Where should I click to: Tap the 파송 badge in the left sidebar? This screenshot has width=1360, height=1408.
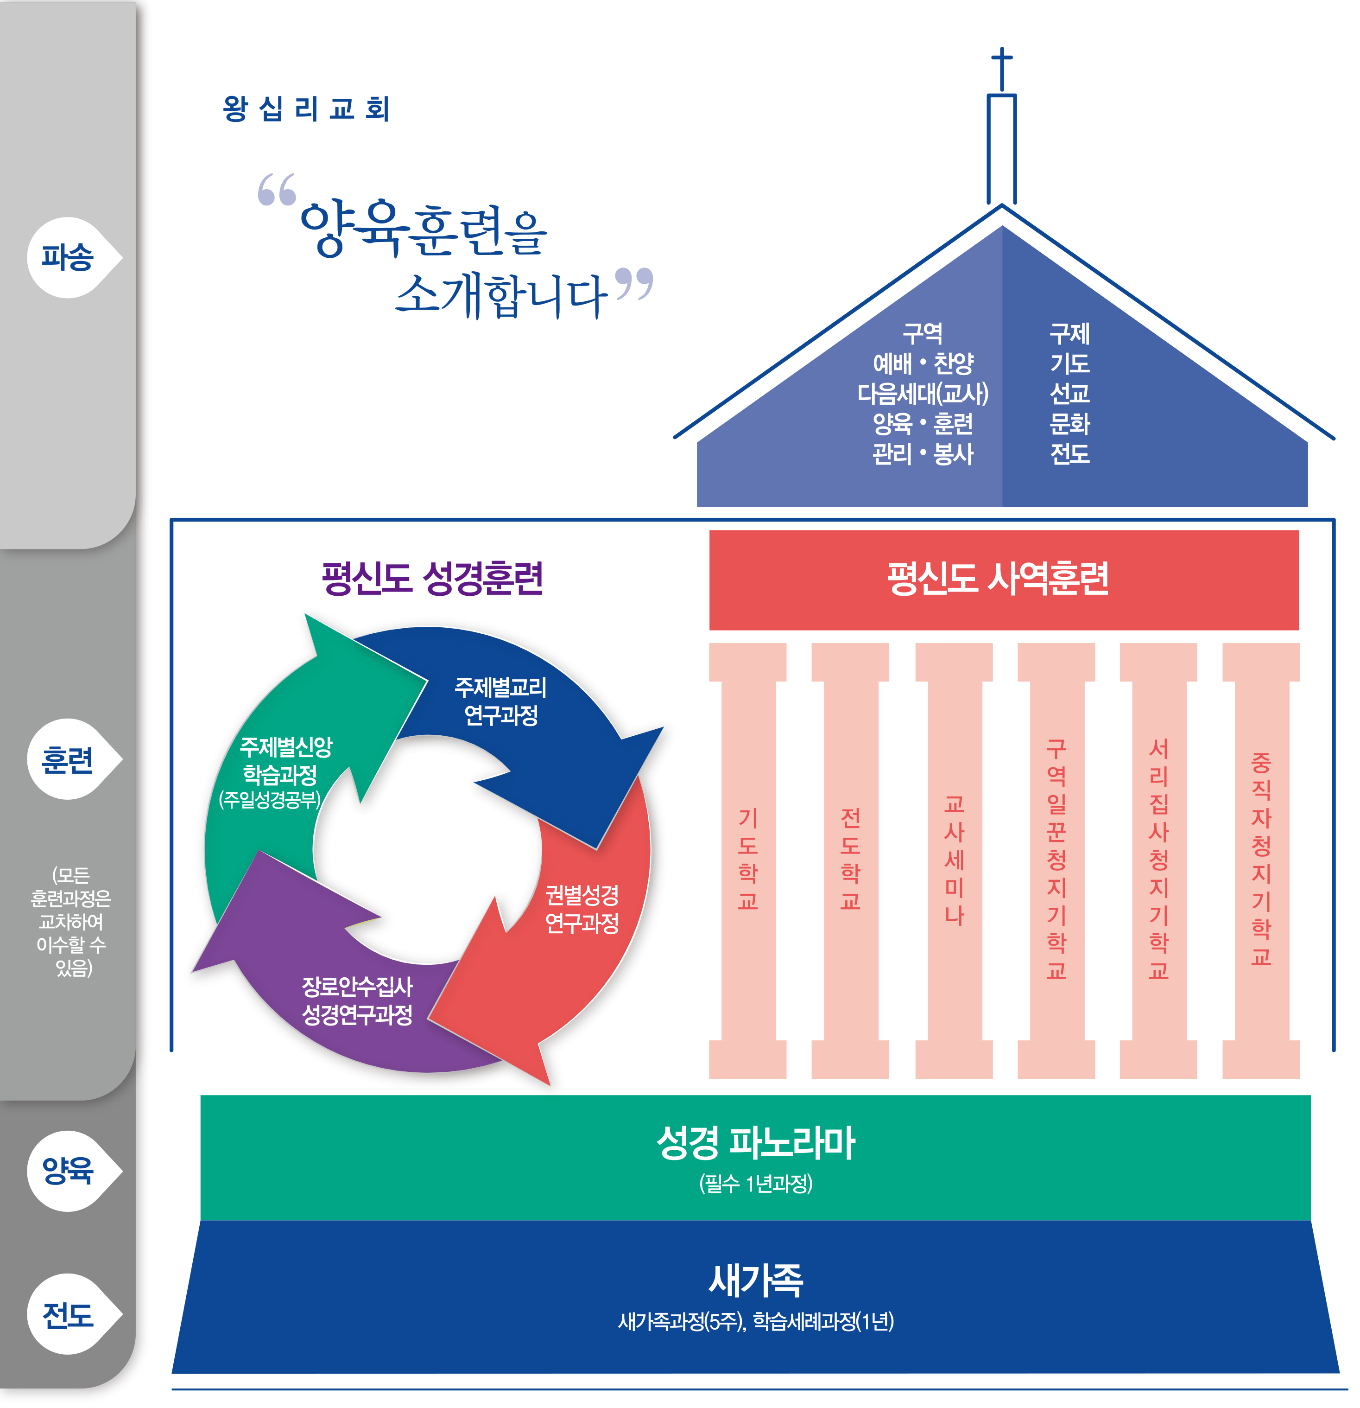[68, 257]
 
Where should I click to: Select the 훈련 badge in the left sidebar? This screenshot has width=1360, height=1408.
[68, 759]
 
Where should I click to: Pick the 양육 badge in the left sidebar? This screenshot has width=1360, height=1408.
[68, 1171]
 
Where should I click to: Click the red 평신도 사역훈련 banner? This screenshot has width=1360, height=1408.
[1003, 579]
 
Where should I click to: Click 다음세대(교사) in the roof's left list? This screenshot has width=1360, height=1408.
[923, 394]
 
